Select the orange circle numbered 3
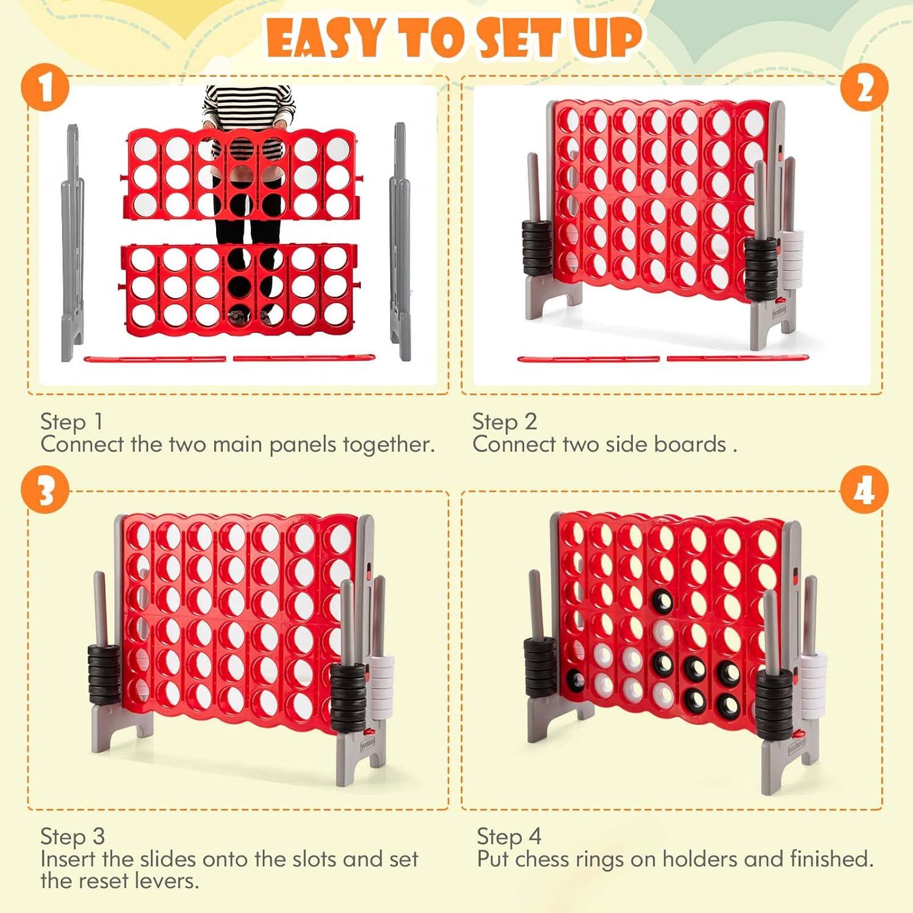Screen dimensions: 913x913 point(46,490)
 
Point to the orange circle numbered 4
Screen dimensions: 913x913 point(864,490)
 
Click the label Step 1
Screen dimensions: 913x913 point(72,421)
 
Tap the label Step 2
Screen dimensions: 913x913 point(505,421)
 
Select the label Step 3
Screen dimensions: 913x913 point(72,836)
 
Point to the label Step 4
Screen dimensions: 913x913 point(509,836)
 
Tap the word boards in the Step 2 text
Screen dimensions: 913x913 point(690,444)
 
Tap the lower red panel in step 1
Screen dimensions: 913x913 point(239,288)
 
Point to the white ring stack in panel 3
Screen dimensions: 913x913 point(382,686)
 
